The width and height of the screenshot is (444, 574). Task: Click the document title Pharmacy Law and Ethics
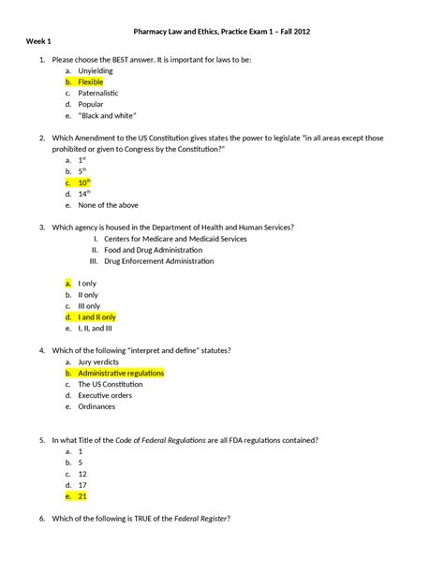click(x=221, y=31)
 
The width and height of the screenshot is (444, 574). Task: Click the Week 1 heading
click(x=38, y=44)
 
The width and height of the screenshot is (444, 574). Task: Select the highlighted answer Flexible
click(x=91, y=82)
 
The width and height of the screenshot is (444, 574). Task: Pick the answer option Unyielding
click(x=97, y=70)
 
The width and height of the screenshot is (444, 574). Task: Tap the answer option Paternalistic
click(x=100, y=94)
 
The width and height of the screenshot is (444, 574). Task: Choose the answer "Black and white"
click(x=105, y=117)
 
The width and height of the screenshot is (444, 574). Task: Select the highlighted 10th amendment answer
click(x=84, y=183)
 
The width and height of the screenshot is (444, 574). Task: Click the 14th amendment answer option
click(x=83, y=194)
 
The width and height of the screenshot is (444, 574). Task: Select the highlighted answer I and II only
click(x=97, y=317)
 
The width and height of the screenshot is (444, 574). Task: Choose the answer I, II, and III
click(x=96, y=329)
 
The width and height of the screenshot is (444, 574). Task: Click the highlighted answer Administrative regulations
click(x=121, y=373)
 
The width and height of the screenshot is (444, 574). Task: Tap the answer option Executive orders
click(x=107, y=395)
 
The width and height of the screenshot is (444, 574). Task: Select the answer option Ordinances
click(x=98, y=406)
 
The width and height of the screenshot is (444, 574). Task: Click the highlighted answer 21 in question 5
click(x=82, y=496)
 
